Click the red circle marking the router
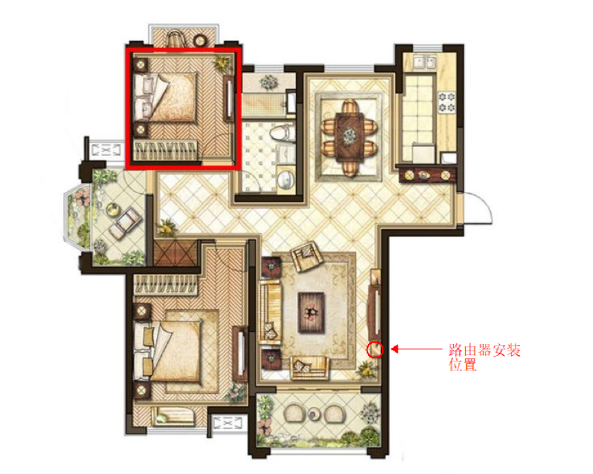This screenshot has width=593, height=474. (375, 349)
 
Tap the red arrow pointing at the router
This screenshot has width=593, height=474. (416, 349)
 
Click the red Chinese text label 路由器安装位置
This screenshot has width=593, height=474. (485, 357)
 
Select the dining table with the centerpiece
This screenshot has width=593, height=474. (350, 135)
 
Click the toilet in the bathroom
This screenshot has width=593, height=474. (282, 133)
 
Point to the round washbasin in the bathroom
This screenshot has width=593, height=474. (286, 179)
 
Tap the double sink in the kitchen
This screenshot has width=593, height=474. (425, 62)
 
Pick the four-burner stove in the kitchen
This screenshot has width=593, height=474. (446, 102)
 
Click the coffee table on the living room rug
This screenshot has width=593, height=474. (311, 312)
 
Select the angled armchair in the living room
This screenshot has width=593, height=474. (306, 255)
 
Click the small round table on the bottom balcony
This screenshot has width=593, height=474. (314, 414)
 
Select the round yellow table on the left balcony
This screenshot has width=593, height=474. (112, 209)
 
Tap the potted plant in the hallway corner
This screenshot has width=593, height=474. (166, 227)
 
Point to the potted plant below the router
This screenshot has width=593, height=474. (367, 369)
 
